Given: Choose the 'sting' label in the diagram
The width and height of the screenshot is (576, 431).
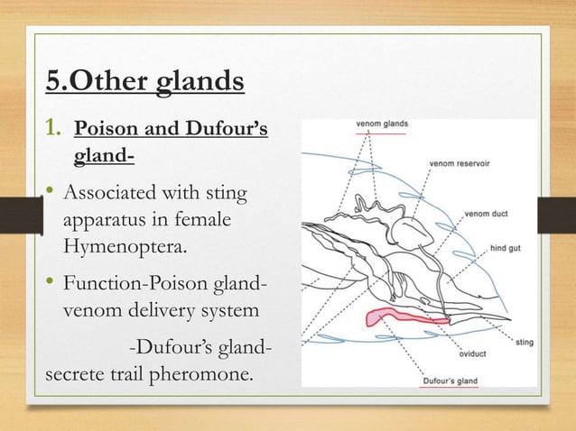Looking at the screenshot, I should (x=524, y=342).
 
